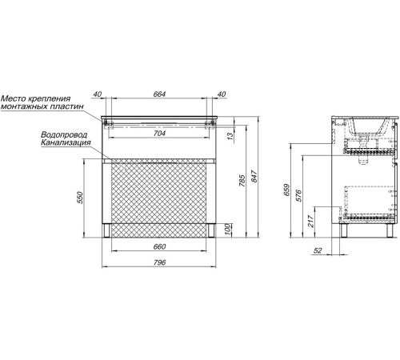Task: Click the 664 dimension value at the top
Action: (159, 94)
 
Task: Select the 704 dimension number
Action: (159, 134)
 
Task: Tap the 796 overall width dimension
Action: (159, 262)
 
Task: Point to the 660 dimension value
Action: (159, 246)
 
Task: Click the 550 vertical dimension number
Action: (80, 198)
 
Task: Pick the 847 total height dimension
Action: (254, 176)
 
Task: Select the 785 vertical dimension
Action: (242, 181)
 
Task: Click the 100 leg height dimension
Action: (227, 230)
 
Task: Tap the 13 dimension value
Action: (230, 136)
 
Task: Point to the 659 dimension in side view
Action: (286, 190)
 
